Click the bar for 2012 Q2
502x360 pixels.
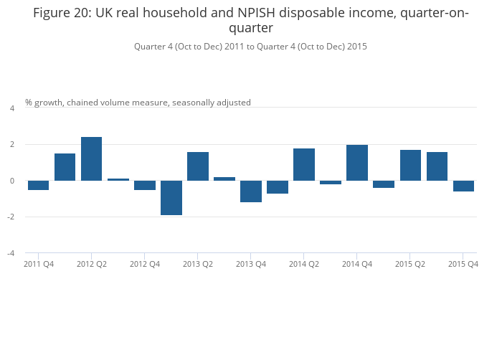pos(91,159)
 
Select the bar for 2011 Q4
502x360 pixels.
pos(39,185)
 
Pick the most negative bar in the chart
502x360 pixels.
pos(171,198)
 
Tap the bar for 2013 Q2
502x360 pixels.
pos(198,166)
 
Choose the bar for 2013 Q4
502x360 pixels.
pos(251,191)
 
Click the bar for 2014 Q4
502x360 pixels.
pos(357,163)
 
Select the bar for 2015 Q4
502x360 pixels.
pos(463,186)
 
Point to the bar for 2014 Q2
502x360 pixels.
pos(304,165)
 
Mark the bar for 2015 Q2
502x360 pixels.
pos(410,165)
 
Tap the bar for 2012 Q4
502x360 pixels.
pos(145,185)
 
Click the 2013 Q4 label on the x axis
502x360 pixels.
pos(251,264)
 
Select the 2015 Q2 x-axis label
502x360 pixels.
pos(410,264)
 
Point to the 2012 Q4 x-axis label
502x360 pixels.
pos(145,264)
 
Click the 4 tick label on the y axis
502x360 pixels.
pos(12,108)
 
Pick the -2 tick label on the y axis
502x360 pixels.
pos(11,217)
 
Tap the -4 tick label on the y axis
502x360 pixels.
pos(11,253)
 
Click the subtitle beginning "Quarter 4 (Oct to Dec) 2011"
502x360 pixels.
pos(250,47)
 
